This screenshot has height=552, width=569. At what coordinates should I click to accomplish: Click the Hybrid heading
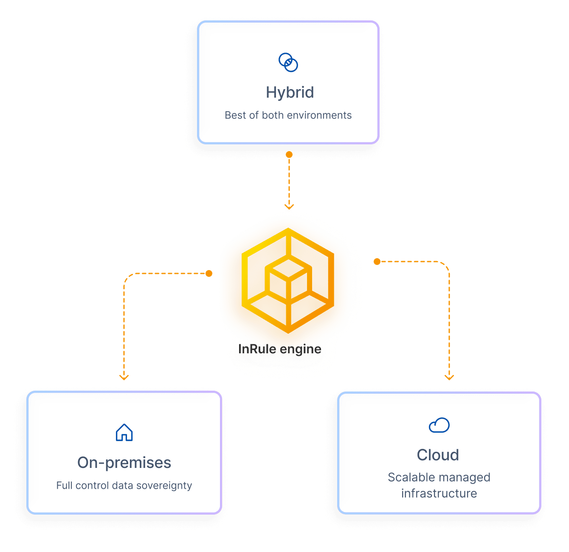coord(290,93)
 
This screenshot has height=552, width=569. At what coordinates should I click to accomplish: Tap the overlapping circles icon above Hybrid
coord(288,62)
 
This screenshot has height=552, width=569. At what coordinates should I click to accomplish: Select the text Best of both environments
coord(288,115)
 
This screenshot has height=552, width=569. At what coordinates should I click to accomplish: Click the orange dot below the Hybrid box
coord(289,155)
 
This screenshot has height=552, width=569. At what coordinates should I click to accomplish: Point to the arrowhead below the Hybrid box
coord(289,207)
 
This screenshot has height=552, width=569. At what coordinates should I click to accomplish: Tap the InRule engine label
coord(280,349)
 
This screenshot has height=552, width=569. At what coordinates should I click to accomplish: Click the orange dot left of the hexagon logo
coord(209,273)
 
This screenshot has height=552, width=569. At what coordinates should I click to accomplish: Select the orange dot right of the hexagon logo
coord(377,262)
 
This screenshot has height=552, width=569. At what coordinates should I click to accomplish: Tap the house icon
coord(124,433)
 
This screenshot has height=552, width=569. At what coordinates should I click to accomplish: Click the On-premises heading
coord(124,462)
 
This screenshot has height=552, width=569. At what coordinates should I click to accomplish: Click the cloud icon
coord(439,425)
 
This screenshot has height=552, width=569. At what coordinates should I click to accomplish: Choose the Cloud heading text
coord(438,455)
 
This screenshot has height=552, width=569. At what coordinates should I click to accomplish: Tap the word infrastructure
coord(439,493)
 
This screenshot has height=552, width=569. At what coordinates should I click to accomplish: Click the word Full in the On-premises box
coord(64,485)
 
